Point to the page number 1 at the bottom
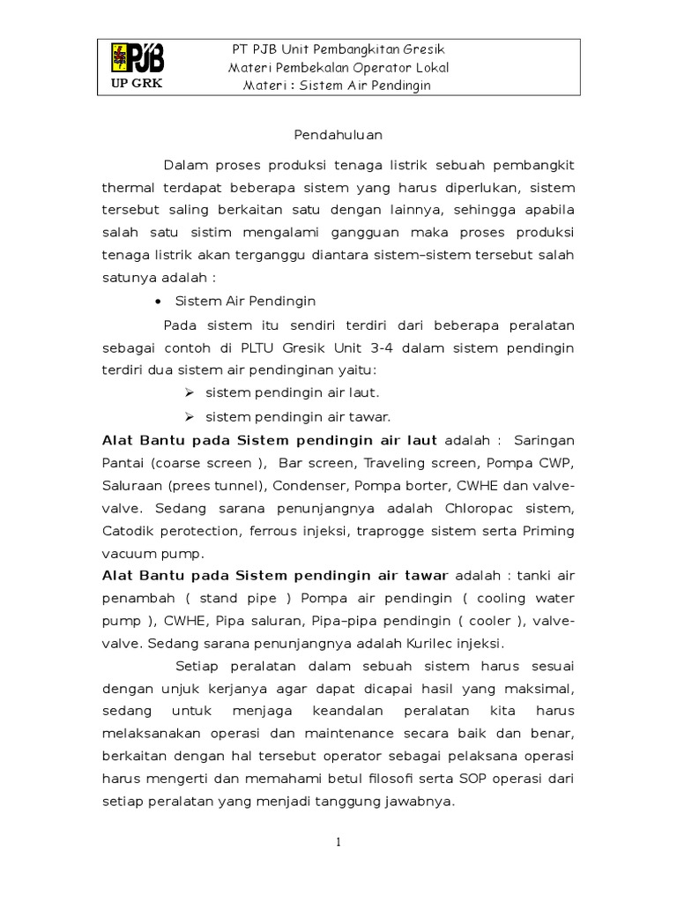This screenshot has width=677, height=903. tap(338, 843)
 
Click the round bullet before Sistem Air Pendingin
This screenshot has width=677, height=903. tap(158, 302)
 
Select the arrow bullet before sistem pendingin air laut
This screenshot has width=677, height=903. tap(189, 393)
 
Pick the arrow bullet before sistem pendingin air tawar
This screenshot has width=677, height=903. tap(189, 416)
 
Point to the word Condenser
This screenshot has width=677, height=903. tap(310, 485)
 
